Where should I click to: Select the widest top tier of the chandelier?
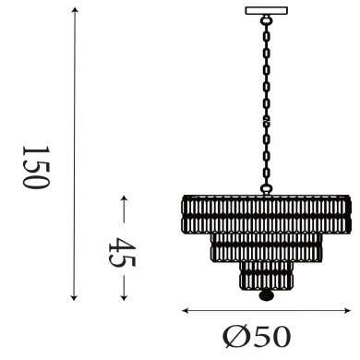click(266, 214)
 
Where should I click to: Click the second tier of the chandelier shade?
click(266, 245)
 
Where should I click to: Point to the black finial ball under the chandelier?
click(266, 296)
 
